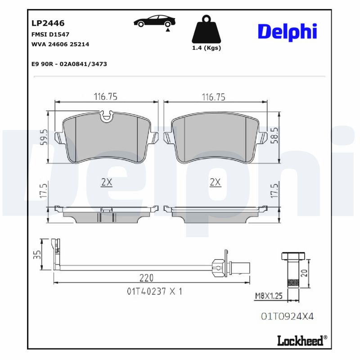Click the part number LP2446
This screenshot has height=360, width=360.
pos(48,23)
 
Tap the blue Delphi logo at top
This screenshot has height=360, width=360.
pos(287,32)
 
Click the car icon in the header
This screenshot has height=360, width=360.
pos(154,22)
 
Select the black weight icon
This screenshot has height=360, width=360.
pos(207,30)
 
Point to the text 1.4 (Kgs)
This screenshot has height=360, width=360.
pos(207,48)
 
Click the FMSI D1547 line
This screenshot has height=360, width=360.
pos(50,34)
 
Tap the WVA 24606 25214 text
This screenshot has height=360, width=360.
pos(60,44)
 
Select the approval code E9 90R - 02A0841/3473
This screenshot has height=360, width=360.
pos(69,64)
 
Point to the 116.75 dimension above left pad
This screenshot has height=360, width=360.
pos(105,96)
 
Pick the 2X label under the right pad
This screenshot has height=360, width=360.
pos(215,182)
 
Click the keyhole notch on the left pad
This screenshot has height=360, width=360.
pos(107,117)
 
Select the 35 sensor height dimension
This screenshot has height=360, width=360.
pos(38,255)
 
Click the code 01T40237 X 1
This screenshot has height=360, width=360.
pos(154,291)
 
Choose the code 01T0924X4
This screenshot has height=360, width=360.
pos(287,316)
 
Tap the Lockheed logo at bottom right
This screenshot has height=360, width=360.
pos(301,341)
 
